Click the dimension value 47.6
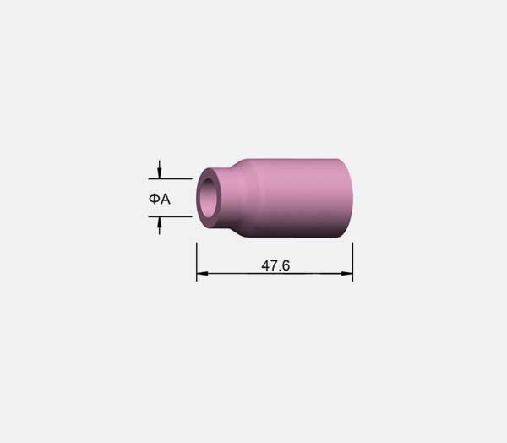click(275, 265)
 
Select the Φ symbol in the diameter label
click(155, 199)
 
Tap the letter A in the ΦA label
click(166, 199)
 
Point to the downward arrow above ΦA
click(159, 169)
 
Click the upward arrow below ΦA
click(159, 226)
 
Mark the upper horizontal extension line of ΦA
click(171, 178)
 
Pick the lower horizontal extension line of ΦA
click(171, 216)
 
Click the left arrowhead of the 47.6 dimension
click(202, 274)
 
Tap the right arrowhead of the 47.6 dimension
click(347, 274)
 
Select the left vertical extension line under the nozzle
click(197, 262)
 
